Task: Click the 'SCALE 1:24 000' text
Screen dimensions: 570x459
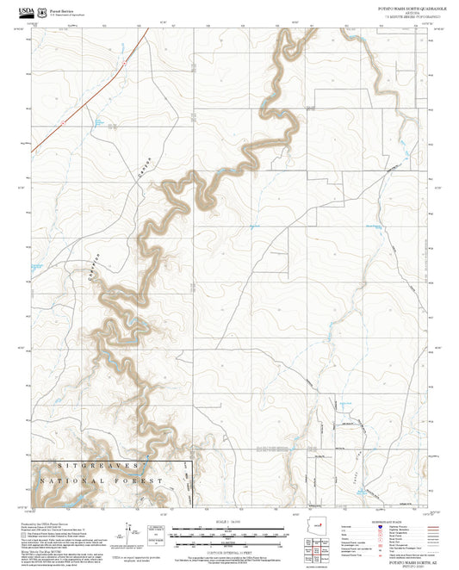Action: click(x=229, y=520)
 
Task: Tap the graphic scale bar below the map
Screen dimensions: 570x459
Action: click(x=229, y=532)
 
